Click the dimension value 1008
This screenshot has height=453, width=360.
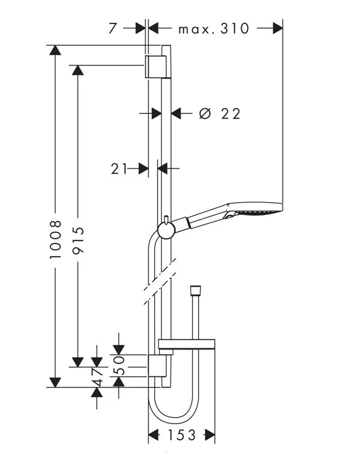point(56,239)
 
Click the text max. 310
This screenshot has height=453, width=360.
point(214,28)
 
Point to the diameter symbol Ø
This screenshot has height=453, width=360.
point(205,113)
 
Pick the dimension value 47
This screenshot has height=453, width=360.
point(97,376)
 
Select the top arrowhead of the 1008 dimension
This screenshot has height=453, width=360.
point(55,50)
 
